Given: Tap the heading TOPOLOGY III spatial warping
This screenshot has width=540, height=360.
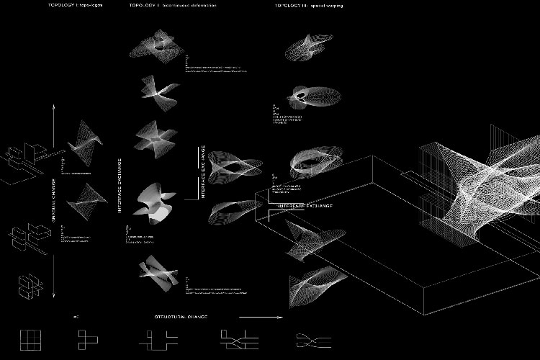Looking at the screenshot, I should tap(309, 5).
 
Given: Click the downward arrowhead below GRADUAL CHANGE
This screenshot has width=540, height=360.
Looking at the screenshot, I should tap(54, 293).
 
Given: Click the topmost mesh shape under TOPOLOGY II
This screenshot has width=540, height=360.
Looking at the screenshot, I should tap(157, 45).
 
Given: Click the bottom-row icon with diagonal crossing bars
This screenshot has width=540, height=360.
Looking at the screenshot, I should tap(235, 338).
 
